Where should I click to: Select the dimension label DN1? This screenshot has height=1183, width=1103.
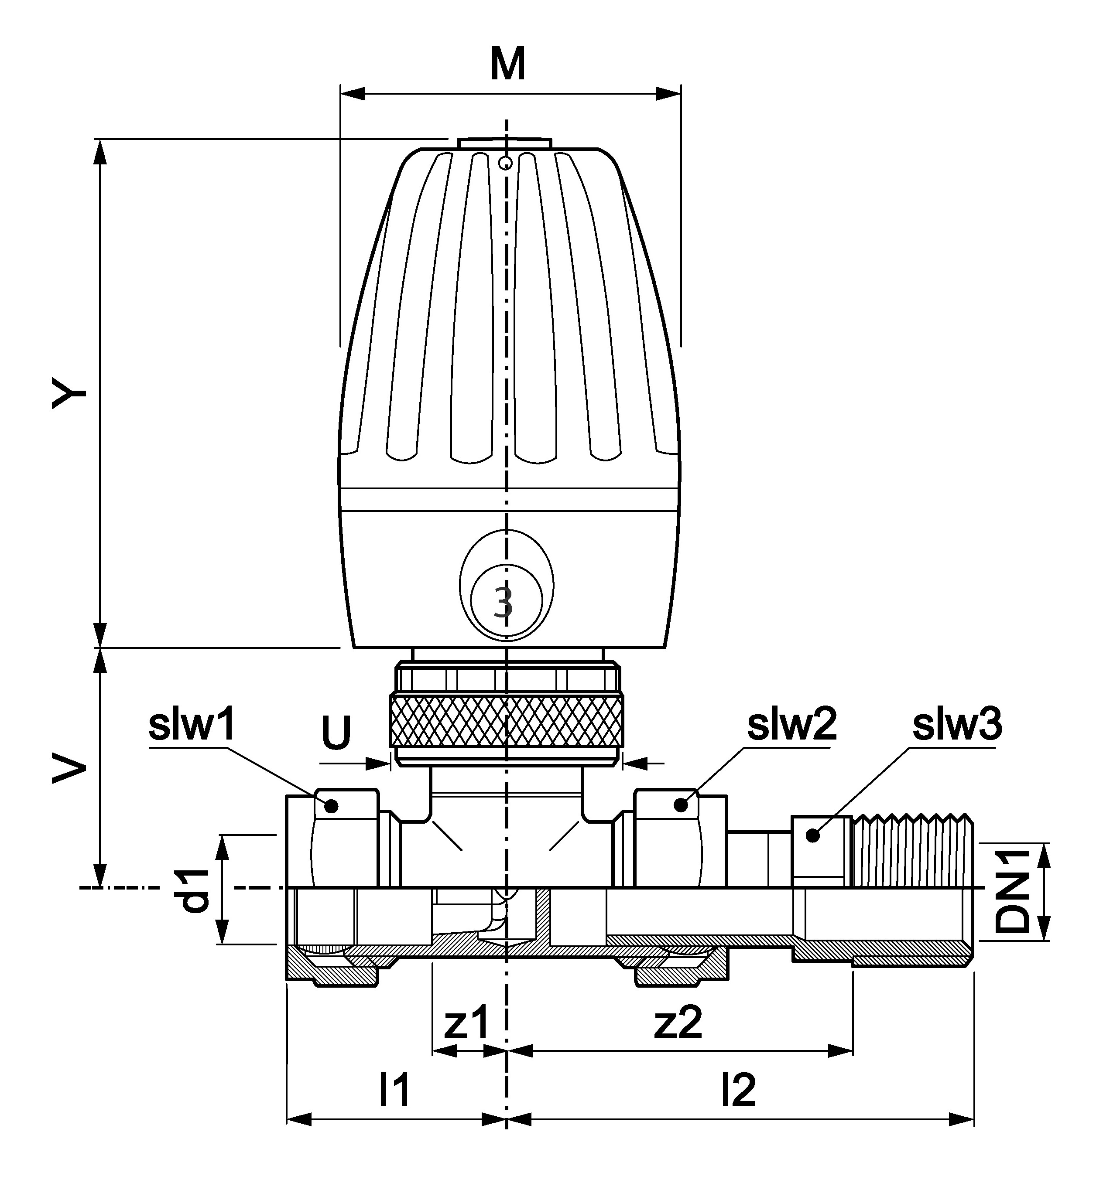1013,890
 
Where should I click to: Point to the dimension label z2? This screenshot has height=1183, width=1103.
678,1023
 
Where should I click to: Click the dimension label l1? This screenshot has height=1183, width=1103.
395,1090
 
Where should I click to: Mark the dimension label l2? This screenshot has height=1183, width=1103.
739,1090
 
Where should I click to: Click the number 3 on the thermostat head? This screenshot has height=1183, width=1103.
504,603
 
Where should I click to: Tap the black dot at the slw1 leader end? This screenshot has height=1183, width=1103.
332,806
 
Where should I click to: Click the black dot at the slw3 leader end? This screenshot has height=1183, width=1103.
812,835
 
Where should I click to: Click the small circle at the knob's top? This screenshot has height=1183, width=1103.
505,163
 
